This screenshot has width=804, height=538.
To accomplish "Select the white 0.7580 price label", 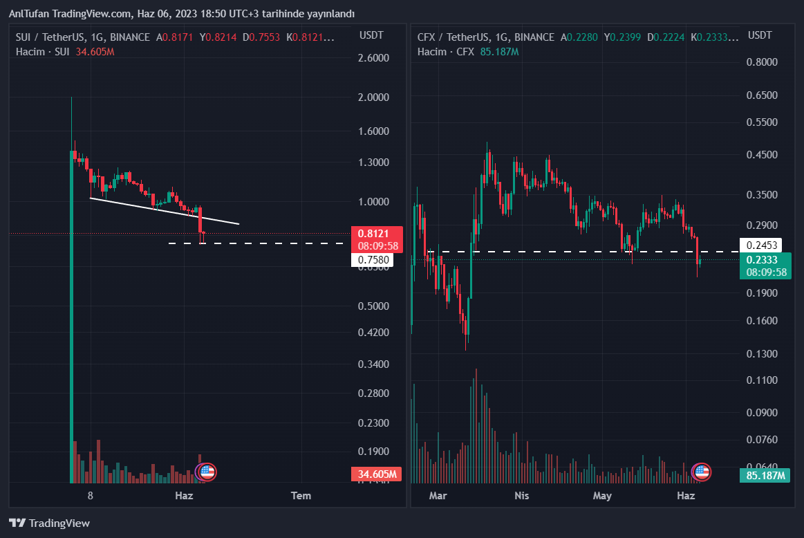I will pyautogui.click(x=372, y=260).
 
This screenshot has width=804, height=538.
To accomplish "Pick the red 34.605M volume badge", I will pyautogui.click(x=377, y=474).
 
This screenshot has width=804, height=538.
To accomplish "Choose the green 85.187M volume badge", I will pyautogui.click(x=766, y=475).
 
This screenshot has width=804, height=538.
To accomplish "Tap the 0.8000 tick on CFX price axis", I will pyautogui.click(x=763, y=62).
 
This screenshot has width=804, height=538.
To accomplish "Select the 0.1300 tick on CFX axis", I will pyautogui.click(x=763, y=354).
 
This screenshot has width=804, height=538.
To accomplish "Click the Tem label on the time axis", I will pyautogui.click(x=301, y=495).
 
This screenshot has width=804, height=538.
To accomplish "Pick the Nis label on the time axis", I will pyautogui.click(x=522, y=495).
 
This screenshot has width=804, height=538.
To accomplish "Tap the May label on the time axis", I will pyautogui.click(x=603, y=495).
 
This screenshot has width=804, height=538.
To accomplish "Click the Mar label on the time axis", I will pyautogui.click(x=438, y=495).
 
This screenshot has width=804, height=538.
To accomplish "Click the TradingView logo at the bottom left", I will pyautogui.click(x=49, y=523).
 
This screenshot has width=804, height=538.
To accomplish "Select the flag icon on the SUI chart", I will pyautogui.click(x=206, y=472).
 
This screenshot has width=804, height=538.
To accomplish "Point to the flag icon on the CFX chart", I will pyautogui.click(x=702, y=472).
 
